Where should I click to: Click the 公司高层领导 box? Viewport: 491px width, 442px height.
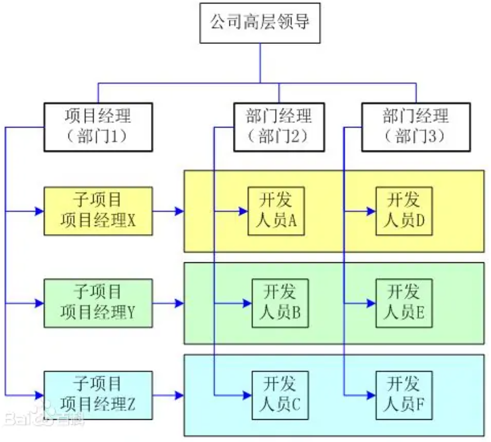coord(260,23)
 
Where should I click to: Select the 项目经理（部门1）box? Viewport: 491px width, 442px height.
coord(98,126)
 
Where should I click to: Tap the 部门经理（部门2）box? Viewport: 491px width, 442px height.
coord(278,126)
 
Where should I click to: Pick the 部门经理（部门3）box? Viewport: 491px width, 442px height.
coord(416,126)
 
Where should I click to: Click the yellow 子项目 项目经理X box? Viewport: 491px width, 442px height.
coord(98,211)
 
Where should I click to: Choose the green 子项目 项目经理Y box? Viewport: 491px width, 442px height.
coord(98,303)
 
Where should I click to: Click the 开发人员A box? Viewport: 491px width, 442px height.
coord(276,211)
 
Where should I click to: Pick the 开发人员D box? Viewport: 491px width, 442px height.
coord(404,211)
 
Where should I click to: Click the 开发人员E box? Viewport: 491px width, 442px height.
coord(404,303)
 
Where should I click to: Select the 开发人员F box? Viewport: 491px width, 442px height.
coord(404,395)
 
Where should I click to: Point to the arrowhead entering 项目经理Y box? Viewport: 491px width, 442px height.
coord(40,303)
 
